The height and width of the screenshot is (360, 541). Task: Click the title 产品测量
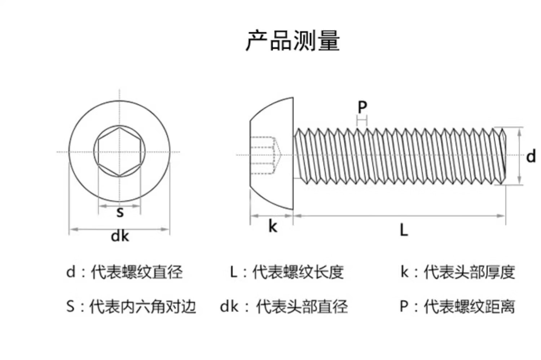pyautogui.click(x=293, y=40)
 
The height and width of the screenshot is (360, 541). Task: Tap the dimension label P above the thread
pyautogui.click(x=362, y=107)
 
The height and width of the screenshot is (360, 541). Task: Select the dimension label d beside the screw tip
pyautogui.click(x=531, y=157)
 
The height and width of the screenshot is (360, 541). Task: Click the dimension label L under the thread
pyautogui.click(x=404, y=230)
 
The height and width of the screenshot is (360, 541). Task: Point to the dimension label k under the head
pyautogui.click(x=273, y=227)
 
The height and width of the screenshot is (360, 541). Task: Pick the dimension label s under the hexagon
pyautogui.click(x=120, y=212)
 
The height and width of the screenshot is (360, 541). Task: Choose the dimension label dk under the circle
pyautogui.click(x=120, y=236)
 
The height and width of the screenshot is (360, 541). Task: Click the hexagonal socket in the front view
pyautogui.click(x=120, y=152)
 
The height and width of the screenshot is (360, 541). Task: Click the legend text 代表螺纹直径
pyautogui.click(x=137, y=272)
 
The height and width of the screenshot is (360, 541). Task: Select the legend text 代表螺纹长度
pyautogui.click(x=298, y=272)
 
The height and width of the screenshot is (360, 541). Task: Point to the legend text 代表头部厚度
pyautogui.click(x=469, y=272)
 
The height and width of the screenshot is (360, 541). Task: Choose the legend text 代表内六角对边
pyautogui.click(x=143, y=307)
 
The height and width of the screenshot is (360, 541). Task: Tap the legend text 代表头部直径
pyautogui.click(x=302, y=307)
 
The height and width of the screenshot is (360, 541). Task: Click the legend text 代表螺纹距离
pyautogui.click(x=469, y=307)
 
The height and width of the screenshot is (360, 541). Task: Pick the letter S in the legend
pyautogui.click(x=71, y=307)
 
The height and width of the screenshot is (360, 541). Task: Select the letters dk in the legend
pyautogui.click(x=229, y=307)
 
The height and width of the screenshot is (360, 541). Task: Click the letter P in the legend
pyautogui.click(x=404, y=307)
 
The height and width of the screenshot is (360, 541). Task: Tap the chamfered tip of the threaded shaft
pyautogui.click(x=502, y=156)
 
